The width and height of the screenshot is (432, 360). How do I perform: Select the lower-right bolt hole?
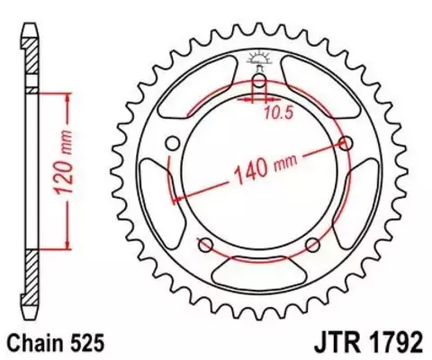pos(312,246)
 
